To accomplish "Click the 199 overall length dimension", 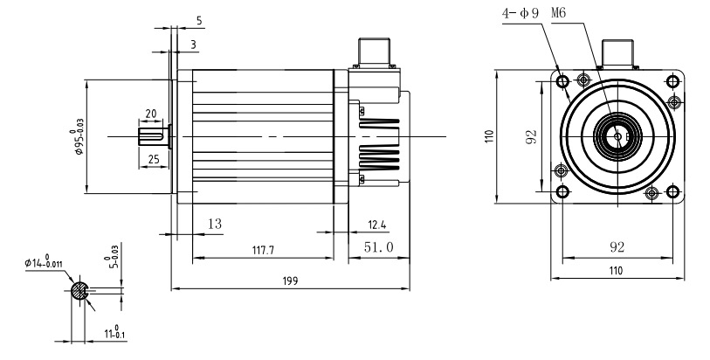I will tap(290, 280).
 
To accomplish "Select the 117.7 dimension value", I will tap(262, 250).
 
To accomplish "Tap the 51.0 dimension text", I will tap(378, 247).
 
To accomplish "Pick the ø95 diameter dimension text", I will tap(79, 137).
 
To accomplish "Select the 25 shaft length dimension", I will tap(153, 159).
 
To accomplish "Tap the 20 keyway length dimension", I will tap(150, 114).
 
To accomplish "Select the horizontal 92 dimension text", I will tap(617, 247).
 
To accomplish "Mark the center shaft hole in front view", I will tap(617, 135).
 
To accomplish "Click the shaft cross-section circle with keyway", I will tap(79, 291).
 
